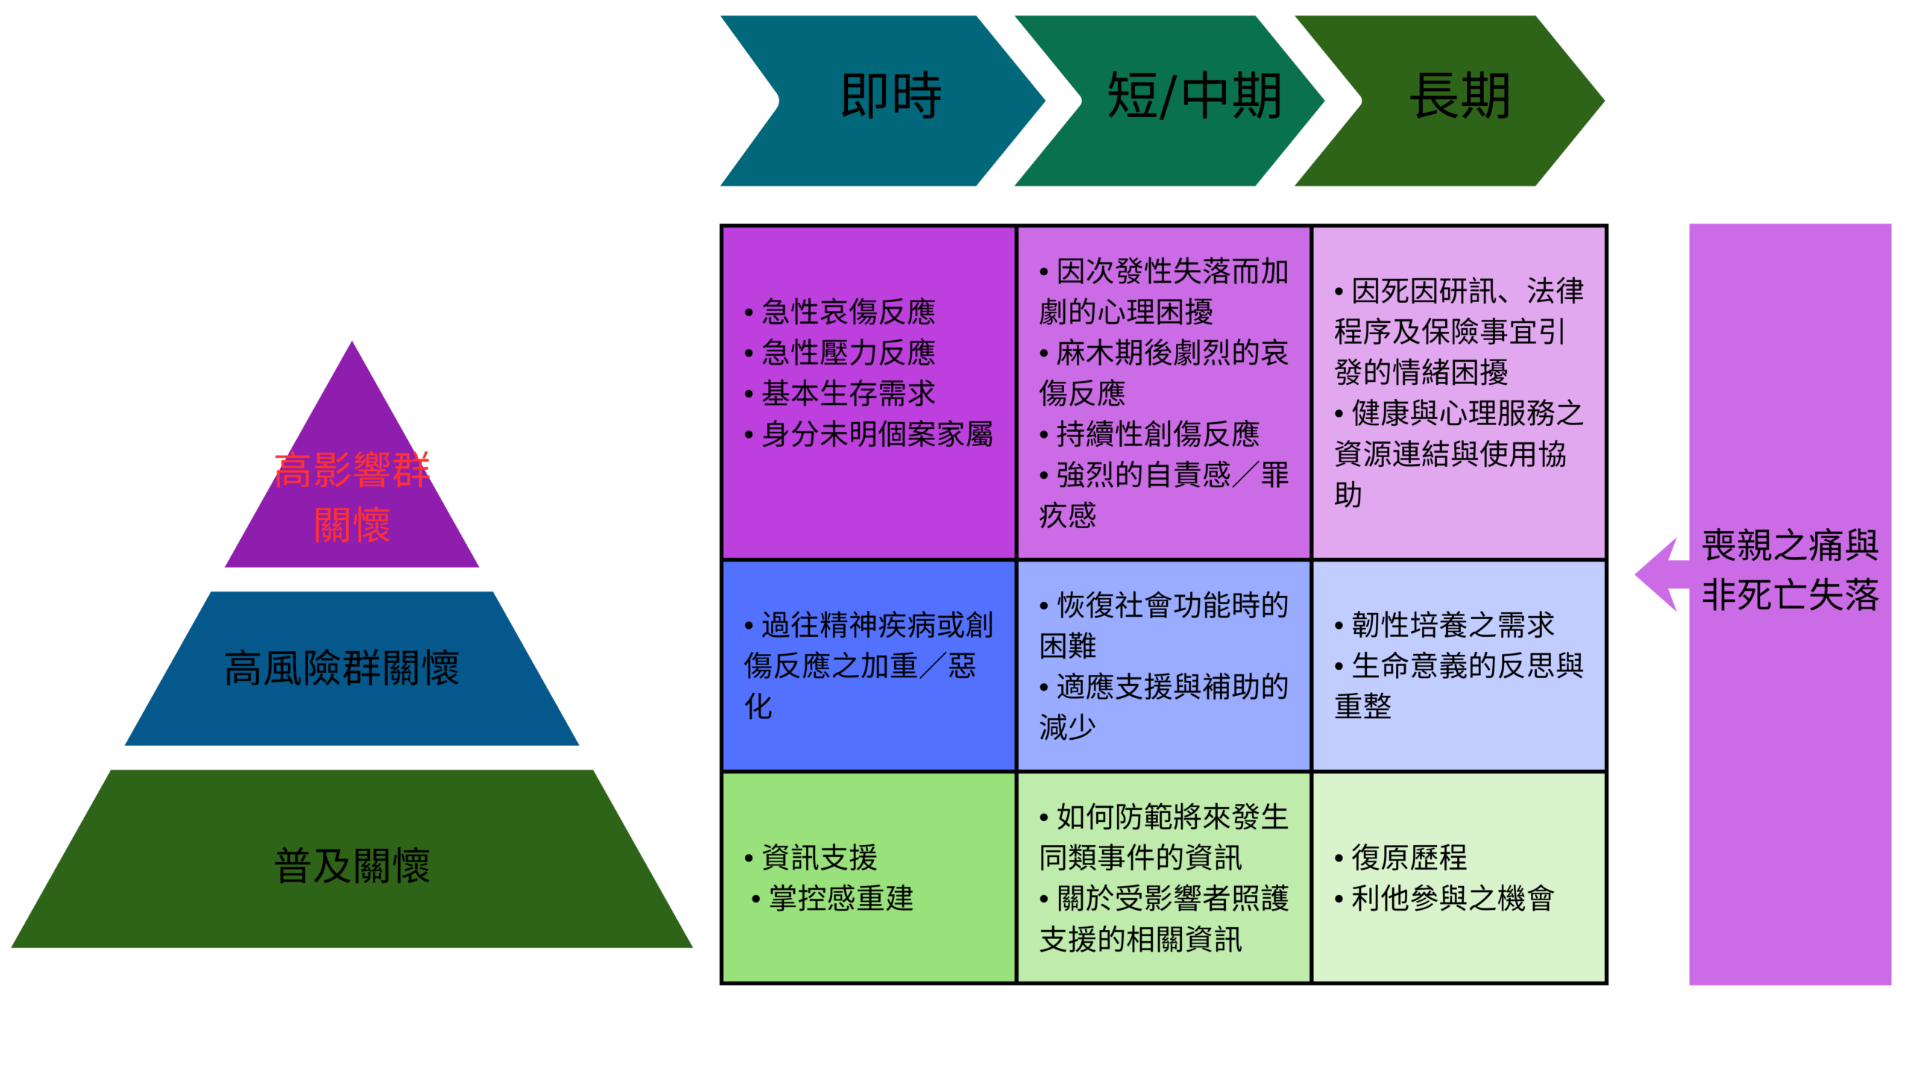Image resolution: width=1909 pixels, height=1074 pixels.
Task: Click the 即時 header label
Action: pos(891,96)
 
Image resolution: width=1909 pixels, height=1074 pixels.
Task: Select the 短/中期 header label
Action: pos(1194,96)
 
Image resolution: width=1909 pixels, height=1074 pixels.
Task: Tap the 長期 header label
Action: pos(1460,96)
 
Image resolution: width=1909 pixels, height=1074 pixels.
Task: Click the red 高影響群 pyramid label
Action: pos(350,471)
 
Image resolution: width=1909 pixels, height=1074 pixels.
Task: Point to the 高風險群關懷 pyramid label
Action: pos(342,668)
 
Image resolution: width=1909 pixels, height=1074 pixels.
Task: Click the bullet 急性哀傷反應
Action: pos(848,312)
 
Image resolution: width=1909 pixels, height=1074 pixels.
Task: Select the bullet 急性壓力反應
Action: pos(848,353)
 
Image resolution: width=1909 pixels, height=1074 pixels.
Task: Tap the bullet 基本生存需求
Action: pos(848,394)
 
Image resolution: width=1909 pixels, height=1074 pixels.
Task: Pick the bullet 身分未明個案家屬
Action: pos(877,434)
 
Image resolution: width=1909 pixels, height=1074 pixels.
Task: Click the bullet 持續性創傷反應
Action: pos(1157,434)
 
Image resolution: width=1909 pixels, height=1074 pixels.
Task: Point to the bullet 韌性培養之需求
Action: pos(1453,625)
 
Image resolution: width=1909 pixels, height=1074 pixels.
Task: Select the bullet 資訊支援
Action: pos(819,858)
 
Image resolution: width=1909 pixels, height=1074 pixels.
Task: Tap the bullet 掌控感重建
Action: pos(840,899)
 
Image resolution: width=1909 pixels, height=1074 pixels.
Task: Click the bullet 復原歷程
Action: pos(1409,858)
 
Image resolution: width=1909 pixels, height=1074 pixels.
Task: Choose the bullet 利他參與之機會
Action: pos(1453,899)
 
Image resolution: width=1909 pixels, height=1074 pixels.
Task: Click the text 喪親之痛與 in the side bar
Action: pos(1790,546)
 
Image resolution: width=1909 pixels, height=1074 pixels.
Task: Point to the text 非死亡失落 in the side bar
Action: pos(1790,595)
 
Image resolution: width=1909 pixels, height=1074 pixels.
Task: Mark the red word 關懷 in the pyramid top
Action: pos(352,525)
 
